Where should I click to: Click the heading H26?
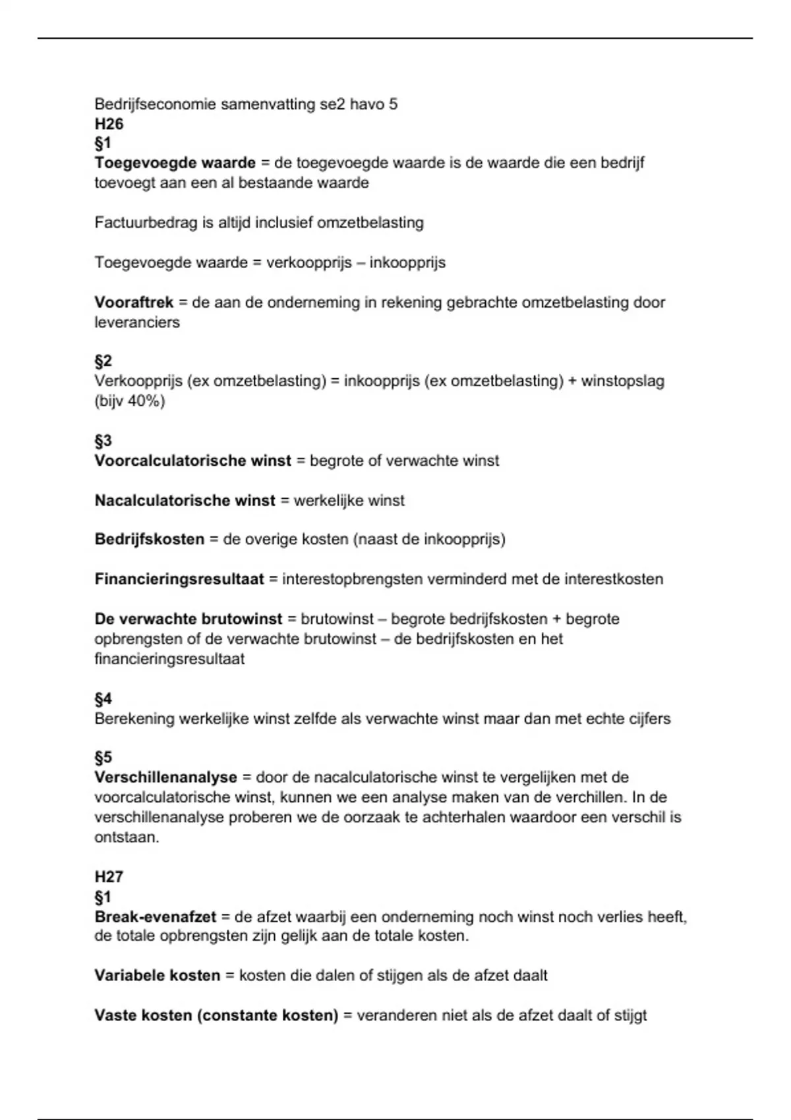pyautogui.click(x=109, y=124)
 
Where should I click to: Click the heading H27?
pyautogui.click(x=109, y=876)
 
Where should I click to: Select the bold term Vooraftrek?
pyautogui.click(x=134, y=302)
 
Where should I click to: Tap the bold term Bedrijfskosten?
pyautogui.click(x=150, y=539)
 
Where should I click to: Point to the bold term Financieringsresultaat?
pyautogui.click(x=179, y=579)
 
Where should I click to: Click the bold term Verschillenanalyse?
pyautogui.click(x=165, y=777)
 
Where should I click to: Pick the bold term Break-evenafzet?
pyautogui.click(x=156, y=916)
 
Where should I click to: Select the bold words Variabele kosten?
pyautogui.click(x=158, y=975)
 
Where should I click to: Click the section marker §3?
pyautogui.click(x=103, y=441)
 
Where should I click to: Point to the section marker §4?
pyautogui.click(x=103, y=698)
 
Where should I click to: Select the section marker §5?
pyautogui.click(x=103, y=757)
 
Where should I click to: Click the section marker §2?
pyautogui.click(x=103, y=361)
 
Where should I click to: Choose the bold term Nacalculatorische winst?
pyautogui.click(x=185, y=500)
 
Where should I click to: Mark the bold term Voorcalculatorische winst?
pyautogui.click(x=192, y=461)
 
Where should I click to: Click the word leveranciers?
pyautogui.click(x=137, y=322)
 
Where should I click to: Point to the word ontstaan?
pyautogui.click(x=127, y=837)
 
